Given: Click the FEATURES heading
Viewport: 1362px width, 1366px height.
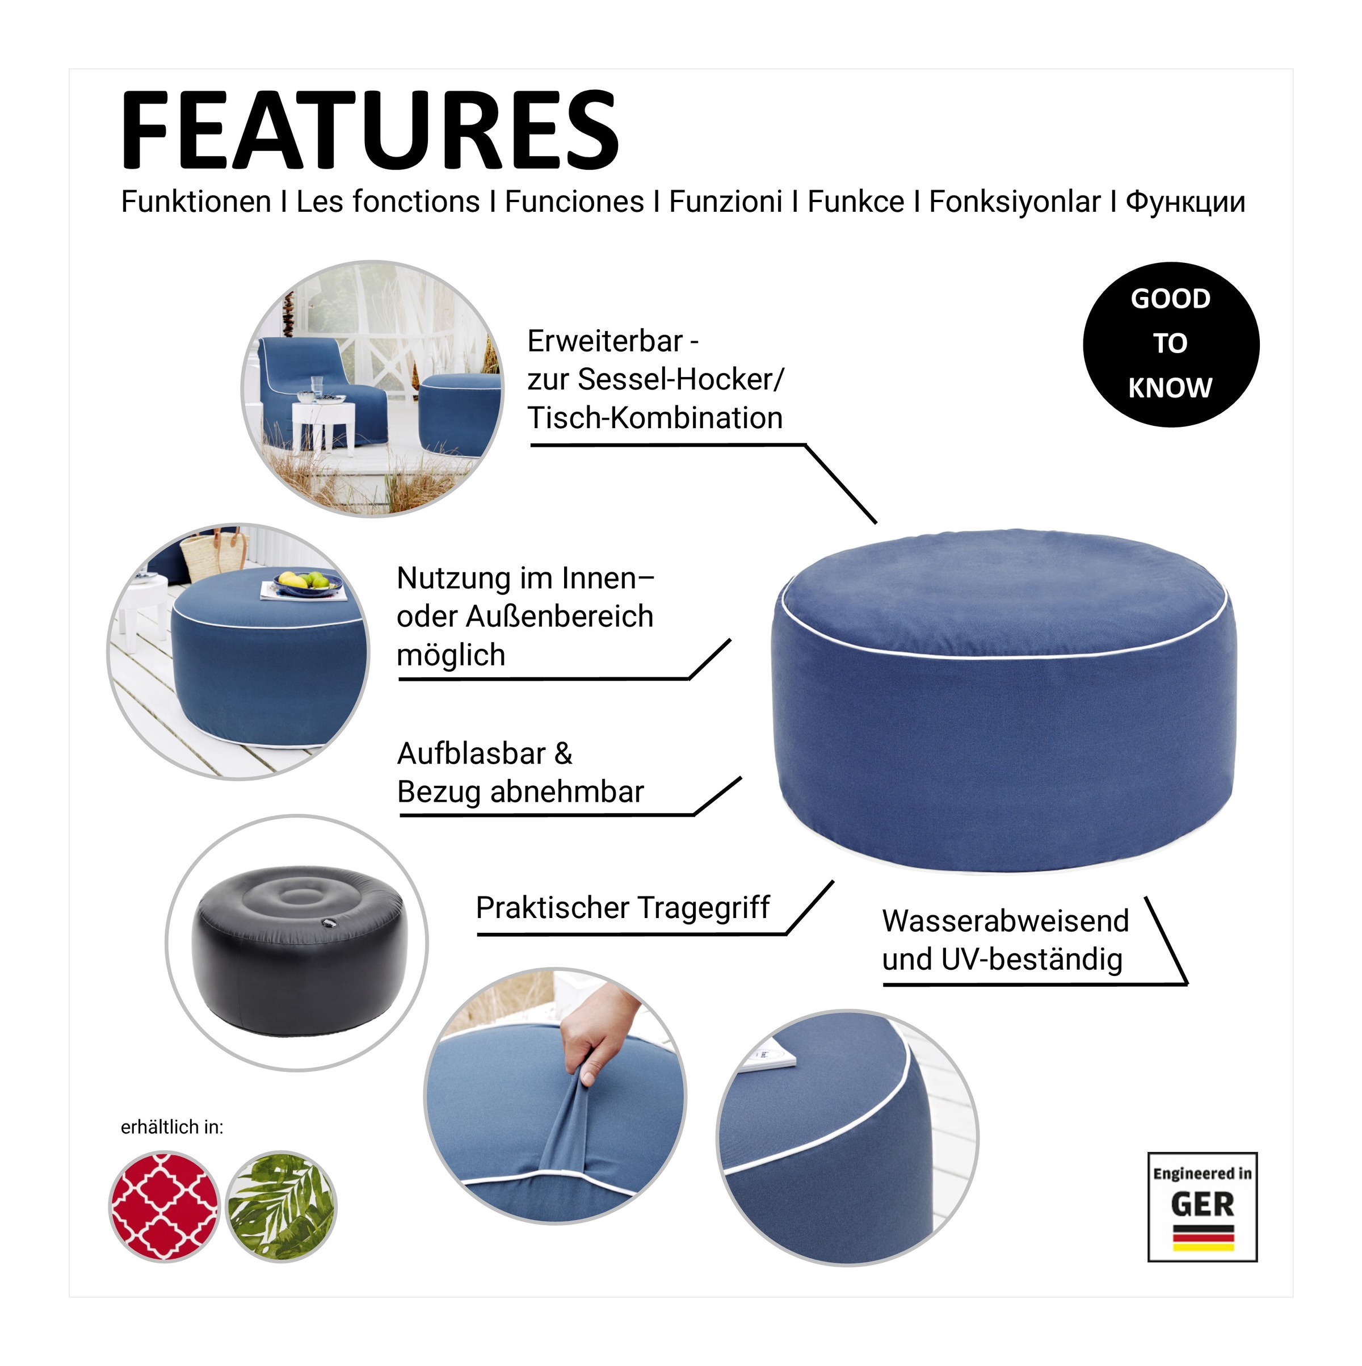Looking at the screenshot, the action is click(x=369, y=130).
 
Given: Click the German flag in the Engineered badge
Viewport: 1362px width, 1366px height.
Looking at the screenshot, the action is click(x=1203, y=1237).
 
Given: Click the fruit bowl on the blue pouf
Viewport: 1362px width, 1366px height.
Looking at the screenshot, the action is click(x=308, y=582).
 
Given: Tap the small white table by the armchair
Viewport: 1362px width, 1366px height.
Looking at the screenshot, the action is click(x=323, y=425).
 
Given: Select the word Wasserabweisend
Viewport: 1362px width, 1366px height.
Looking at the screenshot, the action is click(x=1005, y=920).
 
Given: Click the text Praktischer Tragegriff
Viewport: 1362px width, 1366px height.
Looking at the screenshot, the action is click(x=623, y=907).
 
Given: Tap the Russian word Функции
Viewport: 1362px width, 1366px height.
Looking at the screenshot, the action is click(x=1186, y=202).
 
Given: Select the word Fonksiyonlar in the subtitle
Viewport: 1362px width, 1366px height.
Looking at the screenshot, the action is click(x=1014, y=202).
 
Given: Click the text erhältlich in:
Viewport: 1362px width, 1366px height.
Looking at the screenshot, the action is click(x=172, y=1127).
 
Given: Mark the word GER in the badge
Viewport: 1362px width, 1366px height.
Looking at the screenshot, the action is click(x=1203, y=1204).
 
